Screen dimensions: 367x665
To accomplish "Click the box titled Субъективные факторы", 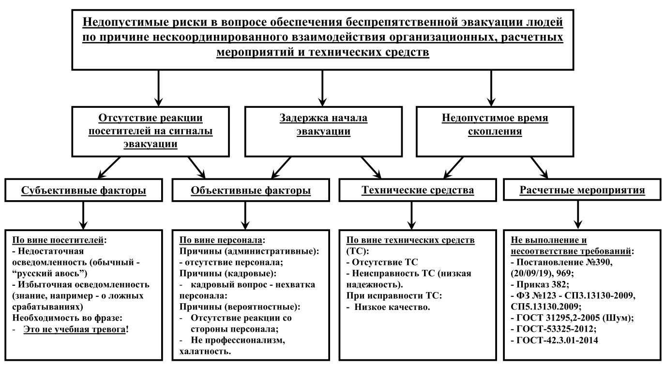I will coord(84,190).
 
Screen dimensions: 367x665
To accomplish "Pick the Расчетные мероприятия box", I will coord(582,190).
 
